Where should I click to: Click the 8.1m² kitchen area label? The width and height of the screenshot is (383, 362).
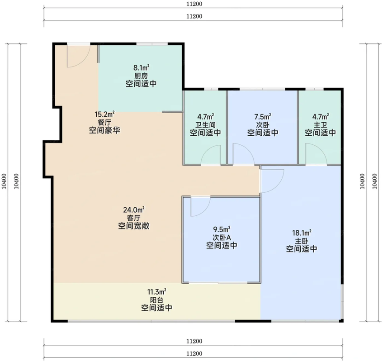tap(141, 67)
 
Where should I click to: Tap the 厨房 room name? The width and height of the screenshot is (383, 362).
tap(141, 76)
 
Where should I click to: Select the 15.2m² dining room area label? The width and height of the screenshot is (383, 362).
tap(104, 114)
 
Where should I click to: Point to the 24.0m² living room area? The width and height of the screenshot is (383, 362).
tap(133, 210)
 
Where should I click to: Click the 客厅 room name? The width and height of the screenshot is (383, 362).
tap(133, 218)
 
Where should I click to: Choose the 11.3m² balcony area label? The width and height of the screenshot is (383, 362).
tap(156, 292)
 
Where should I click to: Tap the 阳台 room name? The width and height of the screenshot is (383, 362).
tap(156, 300)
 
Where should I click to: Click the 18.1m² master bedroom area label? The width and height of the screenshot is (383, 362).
tap(302, 233)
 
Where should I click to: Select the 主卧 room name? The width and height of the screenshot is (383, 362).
tap(302, 241)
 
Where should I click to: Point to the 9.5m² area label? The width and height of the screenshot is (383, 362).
tap(222, 229)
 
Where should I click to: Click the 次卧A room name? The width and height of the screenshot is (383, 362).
tap(222, 238)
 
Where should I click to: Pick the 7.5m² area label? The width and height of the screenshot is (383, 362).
tap(263, 116)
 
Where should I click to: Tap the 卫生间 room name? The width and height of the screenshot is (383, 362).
tap(205, 124)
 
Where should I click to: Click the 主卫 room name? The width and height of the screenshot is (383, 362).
tap(320, 124)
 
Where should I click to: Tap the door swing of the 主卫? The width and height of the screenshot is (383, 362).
tap(321, 149)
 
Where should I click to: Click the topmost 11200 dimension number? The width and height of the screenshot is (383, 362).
tap(194, 4)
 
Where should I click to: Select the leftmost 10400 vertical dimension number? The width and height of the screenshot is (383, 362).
tap(4, 181)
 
